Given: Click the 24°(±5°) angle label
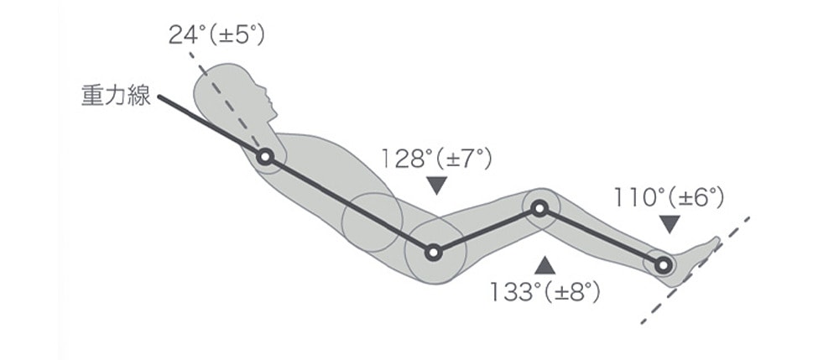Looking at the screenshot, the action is point(216,36).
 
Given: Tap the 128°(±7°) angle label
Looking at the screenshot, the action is point(436,159).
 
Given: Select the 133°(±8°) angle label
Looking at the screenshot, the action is point(545,293).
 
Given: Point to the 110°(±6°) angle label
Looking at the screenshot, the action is point(669,198).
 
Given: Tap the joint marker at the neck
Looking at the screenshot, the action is point(265,157).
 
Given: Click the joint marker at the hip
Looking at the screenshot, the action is point(434,253).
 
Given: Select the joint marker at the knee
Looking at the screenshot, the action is point(539,208).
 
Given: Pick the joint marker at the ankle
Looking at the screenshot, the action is point(663,265).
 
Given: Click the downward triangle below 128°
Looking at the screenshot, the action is point(437,184).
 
